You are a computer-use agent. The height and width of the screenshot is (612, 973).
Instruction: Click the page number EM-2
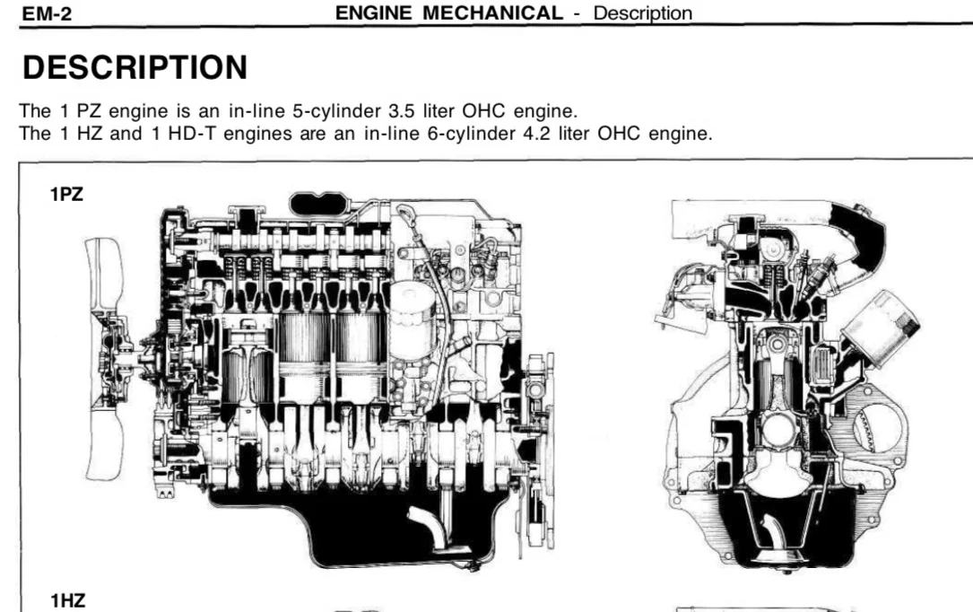pos(47,13)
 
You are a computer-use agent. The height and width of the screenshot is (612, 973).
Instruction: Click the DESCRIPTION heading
pos(135,67)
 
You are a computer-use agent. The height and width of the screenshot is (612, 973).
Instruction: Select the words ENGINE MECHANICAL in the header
pos(448,13)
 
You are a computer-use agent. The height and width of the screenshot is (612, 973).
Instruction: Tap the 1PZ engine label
pos(66,194)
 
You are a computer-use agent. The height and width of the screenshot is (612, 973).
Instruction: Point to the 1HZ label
pos(67,601)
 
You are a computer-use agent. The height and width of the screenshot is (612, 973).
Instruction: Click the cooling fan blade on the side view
pos(103,360)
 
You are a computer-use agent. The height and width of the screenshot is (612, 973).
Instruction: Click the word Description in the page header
pos(642,13)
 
